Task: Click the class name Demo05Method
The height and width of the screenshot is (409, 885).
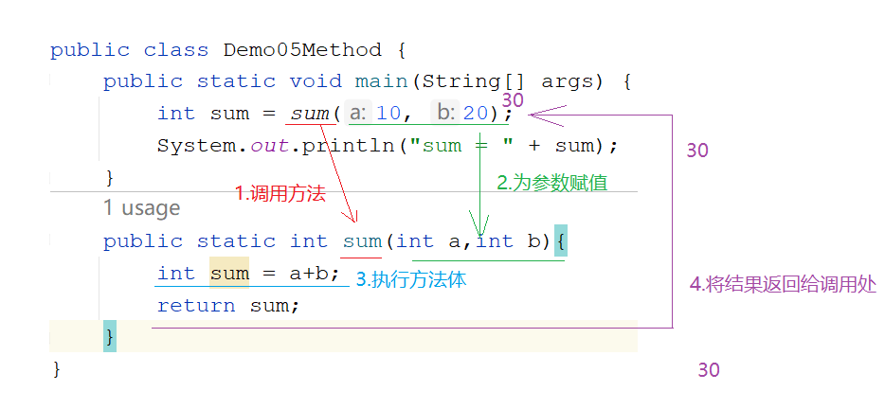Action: (302, 49)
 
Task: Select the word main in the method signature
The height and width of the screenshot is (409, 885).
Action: (381, 81)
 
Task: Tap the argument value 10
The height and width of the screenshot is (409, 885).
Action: (388, 114)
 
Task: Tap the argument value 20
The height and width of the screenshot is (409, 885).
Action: (476, 114)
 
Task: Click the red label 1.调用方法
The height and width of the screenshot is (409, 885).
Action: (280, 194)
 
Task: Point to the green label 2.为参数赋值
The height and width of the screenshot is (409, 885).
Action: (552, 182)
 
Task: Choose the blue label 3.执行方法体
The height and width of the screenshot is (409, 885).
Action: (411, 280)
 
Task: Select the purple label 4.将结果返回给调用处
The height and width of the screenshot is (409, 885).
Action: (783, 284)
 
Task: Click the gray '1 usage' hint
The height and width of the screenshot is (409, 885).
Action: (142, 208)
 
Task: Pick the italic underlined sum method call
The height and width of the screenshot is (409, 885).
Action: (309, 114)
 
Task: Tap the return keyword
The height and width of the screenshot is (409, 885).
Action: (196, 306)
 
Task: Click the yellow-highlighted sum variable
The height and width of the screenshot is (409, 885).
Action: (229, 274)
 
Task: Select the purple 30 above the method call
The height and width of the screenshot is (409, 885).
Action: (513, 99)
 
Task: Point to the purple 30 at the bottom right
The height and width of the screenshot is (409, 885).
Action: (709, 370)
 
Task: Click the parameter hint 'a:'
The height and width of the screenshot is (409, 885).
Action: (358, 114)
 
